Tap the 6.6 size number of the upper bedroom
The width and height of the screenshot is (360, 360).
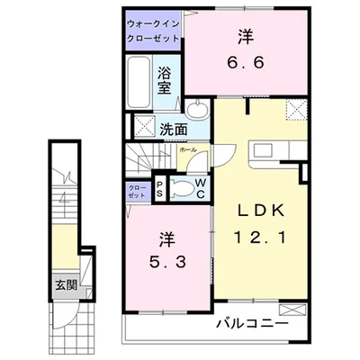[244, 65]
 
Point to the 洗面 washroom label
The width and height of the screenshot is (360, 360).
[174, 128]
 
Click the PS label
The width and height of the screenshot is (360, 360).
[158, 189]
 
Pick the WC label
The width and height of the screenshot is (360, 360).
[200, 188]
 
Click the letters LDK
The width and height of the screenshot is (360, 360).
[261, 210]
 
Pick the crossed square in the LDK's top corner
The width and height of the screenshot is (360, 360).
[294, 109]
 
